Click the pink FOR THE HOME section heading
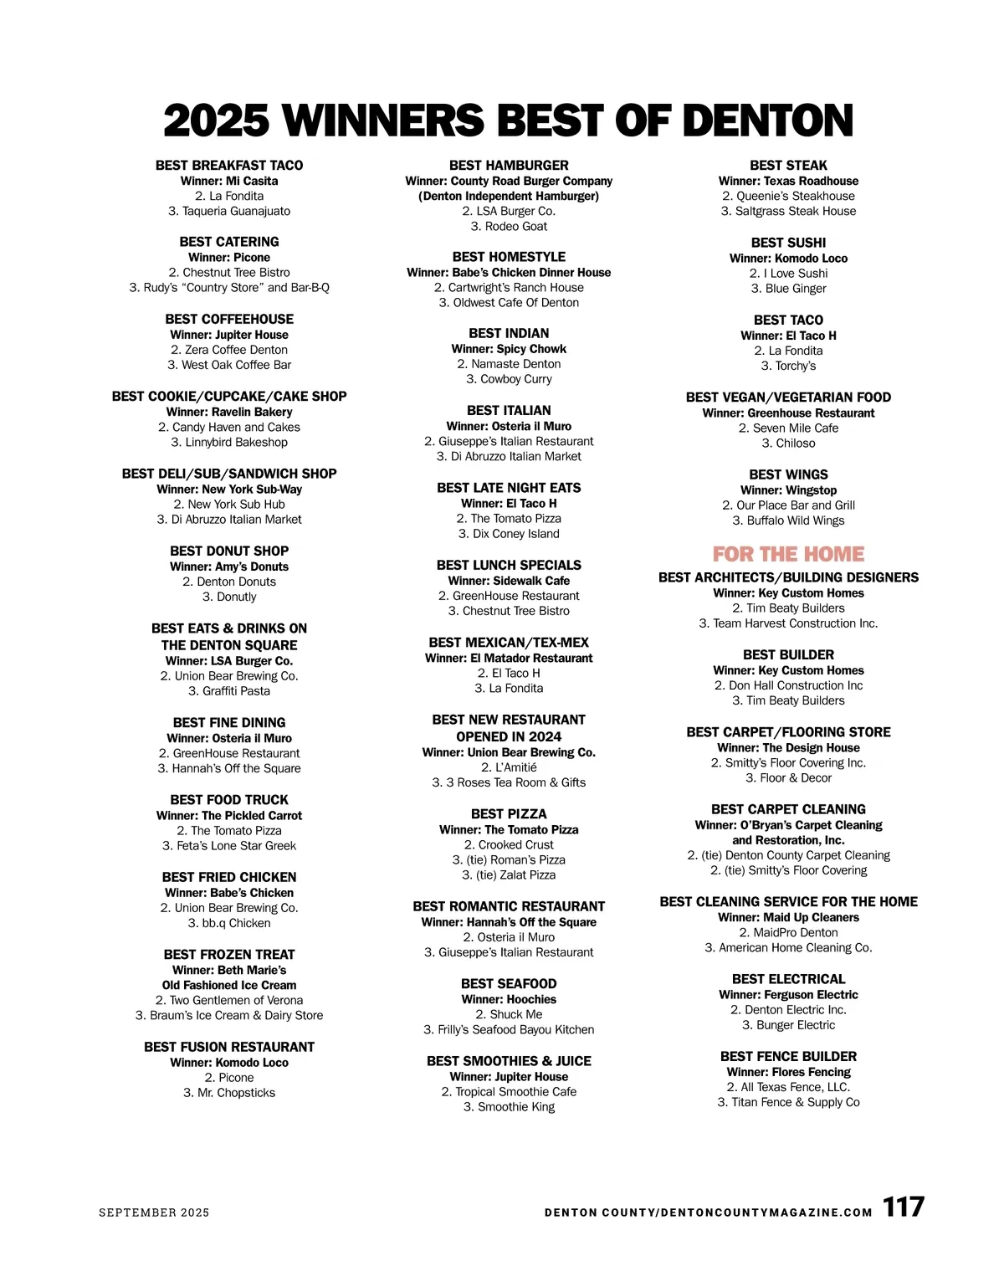[x=788, y=554]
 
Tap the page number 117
[x=904, y=1208]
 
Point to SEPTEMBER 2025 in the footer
[x=154, y=1213]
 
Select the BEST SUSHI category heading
[x=788, y=243]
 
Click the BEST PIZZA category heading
[x=509, y=814]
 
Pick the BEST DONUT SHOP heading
[x=229, y=551]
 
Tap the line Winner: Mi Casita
[x=229, y=181]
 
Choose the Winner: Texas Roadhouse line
[x=788, y=181]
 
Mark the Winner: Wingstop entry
[x=788, y=490]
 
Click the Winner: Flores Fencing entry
[x=788, y=1072]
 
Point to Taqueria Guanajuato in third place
[x=229, y=211]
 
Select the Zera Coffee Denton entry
[x=229, y=350]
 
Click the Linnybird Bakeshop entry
[x=229, y=442]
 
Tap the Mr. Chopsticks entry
[x=229, y=1093]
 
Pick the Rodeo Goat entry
[x=509, y=226]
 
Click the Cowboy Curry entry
[x=509, y=379]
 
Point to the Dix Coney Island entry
[x=509, y=534]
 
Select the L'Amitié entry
[x=509, y=767]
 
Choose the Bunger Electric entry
[x=788, y=1025]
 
